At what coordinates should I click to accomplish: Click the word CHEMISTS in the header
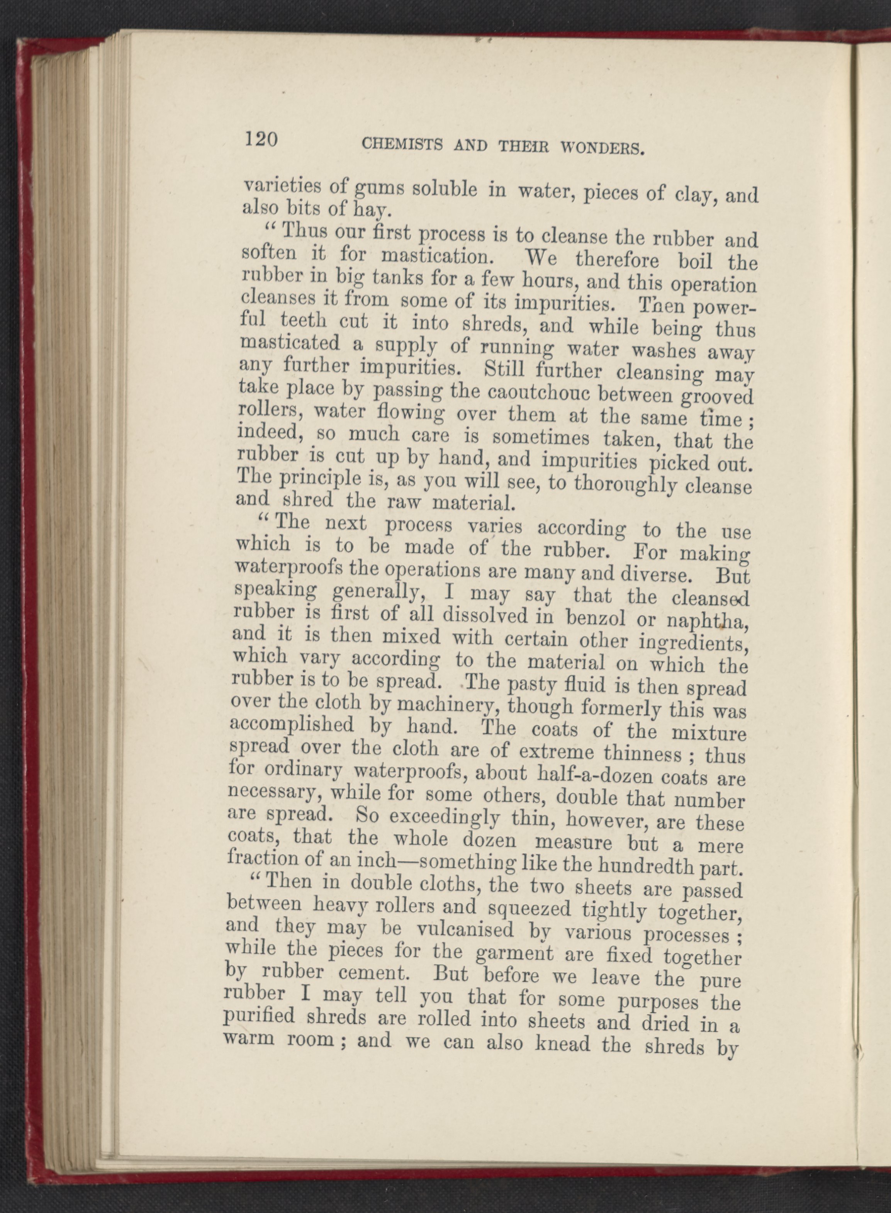(x=402, y=143)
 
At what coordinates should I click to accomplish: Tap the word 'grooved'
(x=717, y=398)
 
